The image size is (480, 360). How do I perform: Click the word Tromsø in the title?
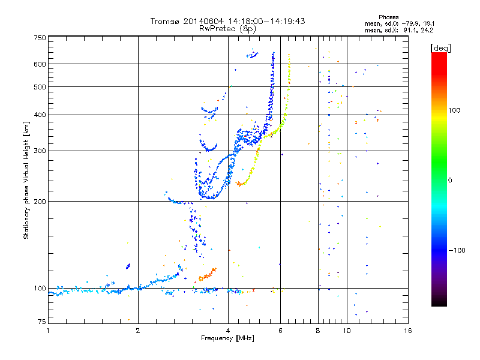click(166, 21)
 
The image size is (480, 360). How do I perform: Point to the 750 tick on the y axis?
click(40, 38)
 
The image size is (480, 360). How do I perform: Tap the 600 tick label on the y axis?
click(40, 64)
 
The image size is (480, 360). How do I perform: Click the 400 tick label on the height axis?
click(40, 115)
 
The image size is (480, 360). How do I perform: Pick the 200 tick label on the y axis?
click(40, 202)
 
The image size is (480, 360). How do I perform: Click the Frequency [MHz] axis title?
click(227, 338)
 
